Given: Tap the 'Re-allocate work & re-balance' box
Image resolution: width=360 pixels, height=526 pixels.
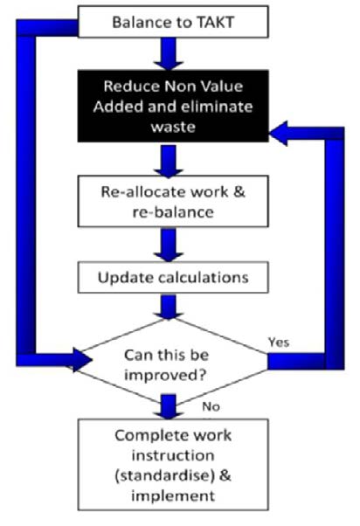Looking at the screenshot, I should [x=172, y=201].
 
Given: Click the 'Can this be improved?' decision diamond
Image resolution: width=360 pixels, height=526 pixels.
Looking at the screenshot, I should [x=172, y=358].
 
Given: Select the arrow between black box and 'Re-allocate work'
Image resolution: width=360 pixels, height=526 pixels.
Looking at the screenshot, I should [x=170, y=160].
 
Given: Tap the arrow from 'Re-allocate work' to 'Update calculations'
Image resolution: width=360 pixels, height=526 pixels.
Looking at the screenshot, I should [x=170, y=243].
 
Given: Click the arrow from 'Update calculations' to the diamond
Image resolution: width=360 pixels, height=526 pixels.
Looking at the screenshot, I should [x=170, y=308].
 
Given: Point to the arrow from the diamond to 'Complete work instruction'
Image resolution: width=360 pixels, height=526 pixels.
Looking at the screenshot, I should [x=170, y=404].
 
